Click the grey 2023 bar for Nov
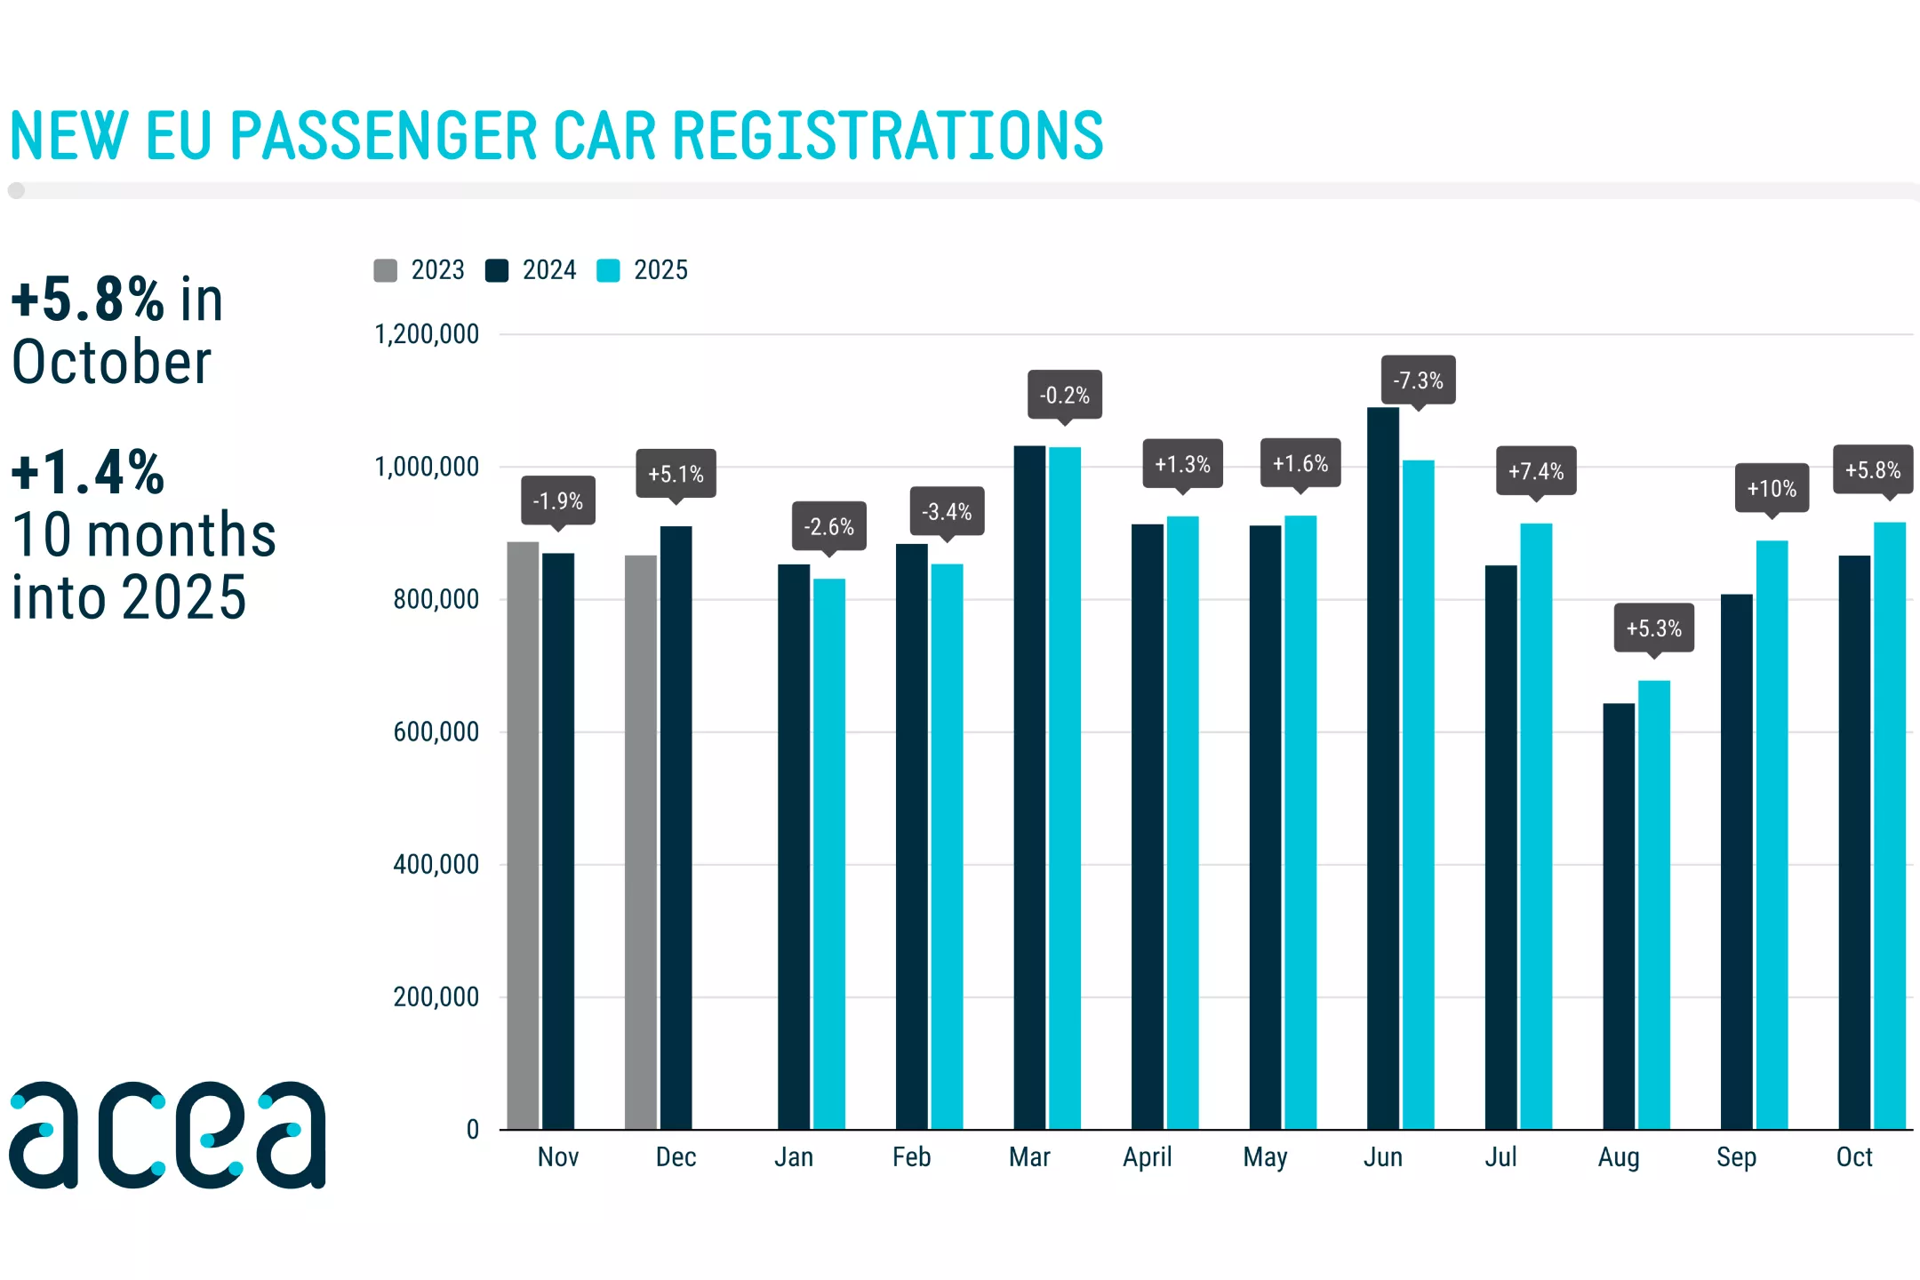(x=523, y=836)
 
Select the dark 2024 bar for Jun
(x=1382, y=769)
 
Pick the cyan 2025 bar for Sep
(x=1772, y=836)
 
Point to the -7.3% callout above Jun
(x=1418, y=380)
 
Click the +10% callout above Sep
(x=1772, y=488)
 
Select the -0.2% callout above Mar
(x=1064, y=395)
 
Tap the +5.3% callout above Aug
(x=1653, y=628)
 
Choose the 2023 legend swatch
(x=385, y=270)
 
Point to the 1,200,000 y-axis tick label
(x=427, y=334)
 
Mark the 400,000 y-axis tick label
(x=436, y=864)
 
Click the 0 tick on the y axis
(x=472, y=1130)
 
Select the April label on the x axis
(x=1147, y=1157)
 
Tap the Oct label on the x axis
(x=1854, y=1157)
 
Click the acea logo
(x=167, y=1135)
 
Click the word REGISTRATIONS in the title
(x=887, y=136)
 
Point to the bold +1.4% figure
(x=87, y=472)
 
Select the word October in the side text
(x=112, y=363)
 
